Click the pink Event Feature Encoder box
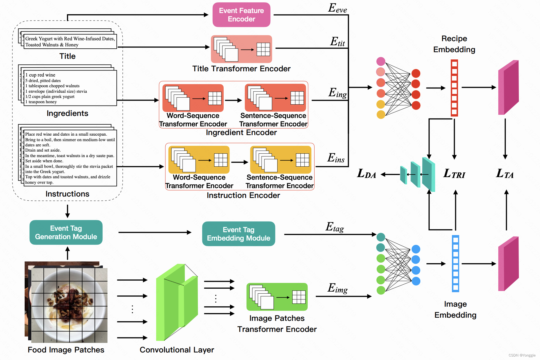point(241,15)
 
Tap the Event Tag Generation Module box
point(66,232)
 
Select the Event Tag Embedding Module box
point(238,234)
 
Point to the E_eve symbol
point(337,8)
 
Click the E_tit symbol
point(338,42)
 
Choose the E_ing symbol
point(338,93)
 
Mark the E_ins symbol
point(336,158)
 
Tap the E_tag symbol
point(335,227)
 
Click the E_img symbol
point(338,288)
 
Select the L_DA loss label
point(366,174)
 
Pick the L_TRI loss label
point(454,174)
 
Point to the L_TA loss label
point(505,174)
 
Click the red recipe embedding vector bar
point(454,88)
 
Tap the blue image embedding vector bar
point(455,263)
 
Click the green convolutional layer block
point(176,301)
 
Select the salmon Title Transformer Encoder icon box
point(241,49)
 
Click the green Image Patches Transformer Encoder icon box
point(277,297)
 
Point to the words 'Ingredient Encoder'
point(241,132)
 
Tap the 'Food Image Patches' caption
point(66,350)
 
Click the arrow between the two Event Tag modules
point(155,232)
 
